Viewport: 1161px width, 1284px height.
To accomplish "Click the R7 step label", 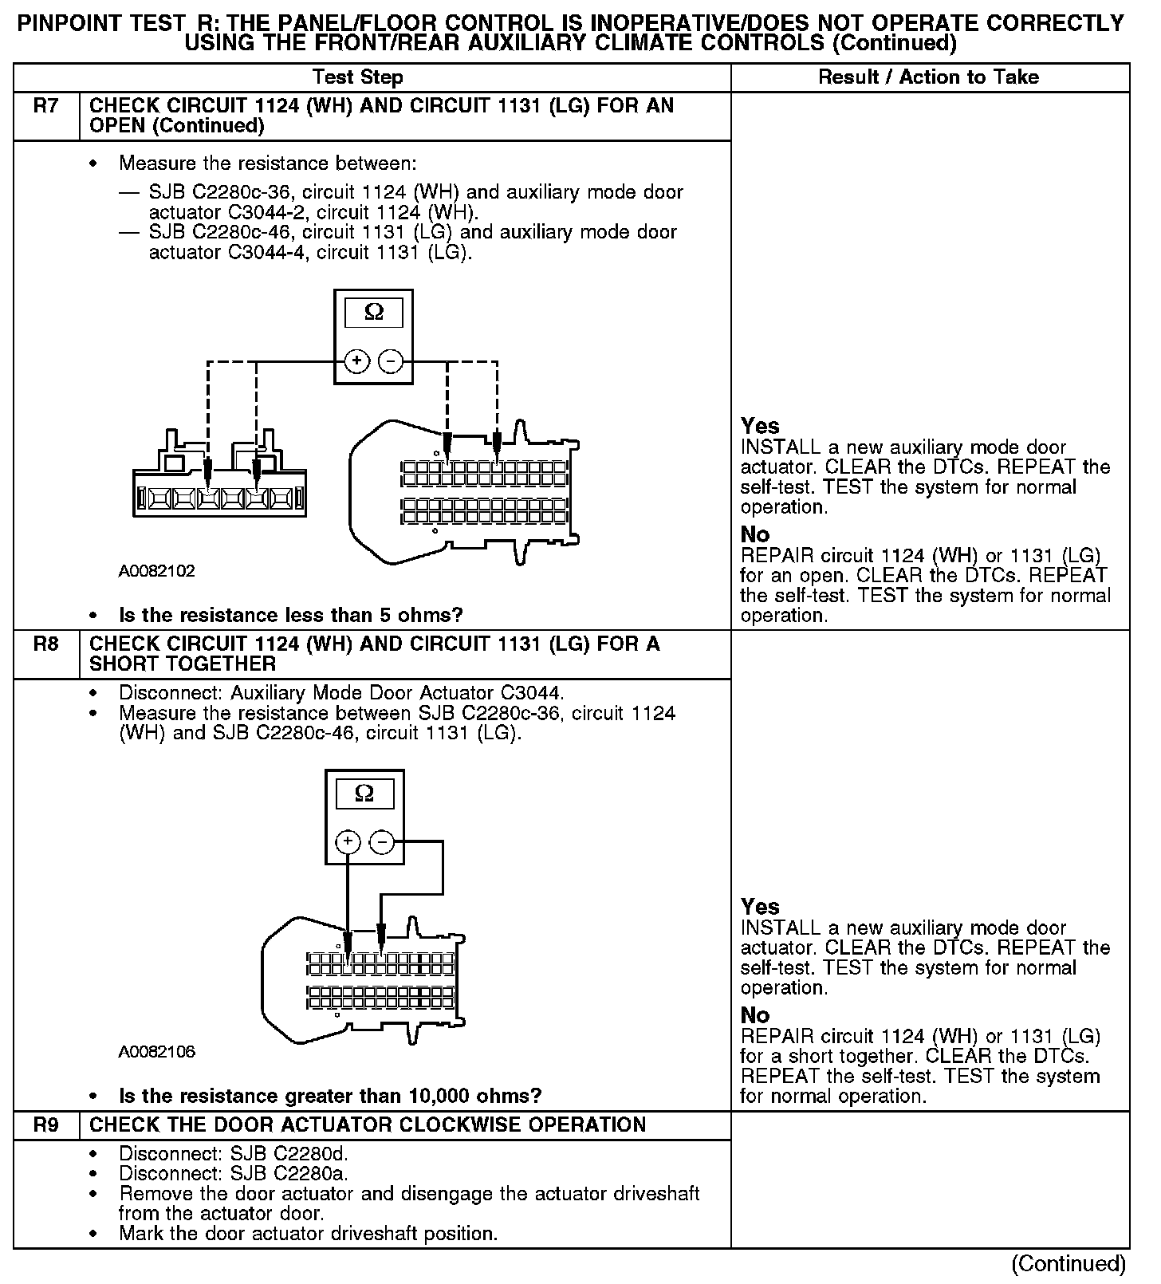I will [46, 106].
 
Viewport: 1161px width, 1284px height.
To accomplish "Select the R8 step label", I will [46, 644].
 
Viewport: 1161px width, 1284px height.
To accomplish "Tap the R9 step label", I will [46, 1125].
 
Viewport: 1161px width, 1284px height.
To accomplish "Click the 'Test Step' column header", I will [358, 77].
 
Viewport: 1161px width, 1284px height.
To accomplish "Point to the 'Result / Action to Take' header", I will [929, 77].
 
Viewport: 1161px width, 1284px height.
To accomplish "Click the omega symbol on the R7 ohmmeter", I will [373, 313].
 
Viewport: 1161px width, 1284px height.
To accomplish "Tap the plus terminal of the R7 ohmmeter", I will [356, 361].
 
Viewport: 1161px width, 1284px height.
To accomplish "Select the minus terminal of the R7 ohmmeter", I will [391, 361].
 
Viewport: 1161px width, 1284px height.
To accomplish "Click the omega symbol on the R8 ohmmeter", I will [364, 794].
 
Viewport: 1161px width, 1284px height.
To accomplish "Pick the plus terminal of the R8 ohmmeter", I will [348, 842].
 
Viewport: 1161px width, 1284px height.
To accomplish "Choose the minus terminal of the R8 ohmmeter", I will [382, 842].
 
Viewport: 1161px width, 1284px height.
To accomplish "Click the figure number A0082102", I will [157, 571].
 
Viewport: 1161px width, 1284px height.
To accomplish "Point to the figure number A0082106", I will [157, 1052].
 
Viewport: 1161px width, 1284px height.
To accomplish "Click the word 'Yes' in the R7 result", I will [760, 426].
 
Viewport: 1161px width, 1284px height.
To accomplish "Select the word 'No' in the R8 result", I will [754, 1015].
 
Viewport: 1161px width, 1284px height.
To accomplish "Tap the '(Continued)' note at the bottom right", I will [1068, 1263].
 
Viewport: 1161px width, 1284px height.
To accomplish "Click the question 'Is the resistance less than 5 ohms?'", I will [291, 616].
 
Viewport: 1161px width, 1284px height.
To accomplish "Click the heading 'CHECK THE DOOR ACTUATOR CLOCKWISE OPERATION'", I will [368, 1125].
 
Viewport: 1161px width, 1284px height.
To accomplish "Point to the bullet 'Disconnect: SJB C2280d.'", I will [234, 1154].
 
